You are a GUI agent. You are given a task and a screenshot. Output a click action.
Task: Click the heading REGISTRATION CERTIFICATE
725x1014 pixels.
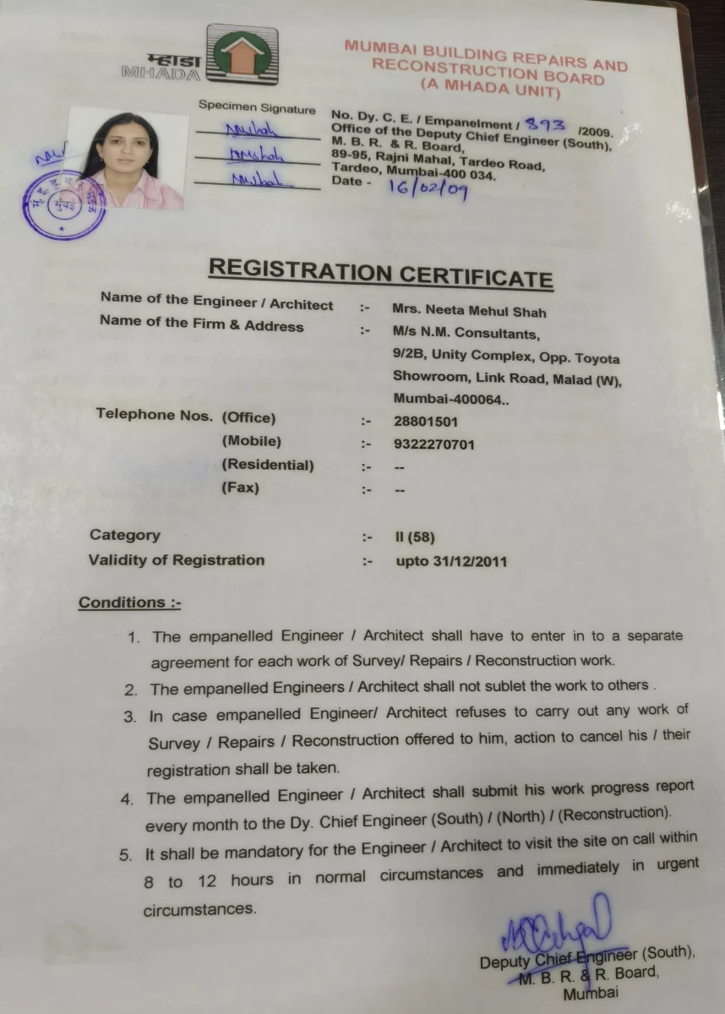click(380, 271)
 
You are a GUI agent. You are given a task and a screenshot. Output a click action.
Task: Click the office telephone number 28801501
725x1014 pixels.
click(426, 421)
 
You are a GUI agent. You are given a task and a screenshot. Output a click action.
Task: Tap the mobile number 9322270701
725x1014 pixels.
click(434, 444)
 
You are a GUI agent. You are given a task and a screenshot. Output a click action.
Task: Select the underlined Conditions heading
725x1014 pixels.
click(129, 602)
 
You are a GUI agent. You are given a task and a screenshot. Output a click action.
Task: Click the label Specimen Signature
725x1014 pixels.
click(257, 108)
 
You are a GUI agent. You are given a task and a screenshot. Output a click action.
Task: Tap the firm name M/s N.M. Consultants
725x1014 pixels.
click(466, 333)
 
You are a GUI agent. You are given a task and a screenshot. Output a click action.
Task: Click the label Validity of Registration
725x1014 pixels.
click(176, 559)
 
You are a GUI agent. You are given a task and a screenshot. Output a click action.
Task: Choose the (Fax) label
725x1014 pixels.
click(240, 488)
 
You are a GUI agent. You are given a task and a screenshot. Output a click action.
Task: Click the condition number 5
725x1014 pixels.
click(126, 854)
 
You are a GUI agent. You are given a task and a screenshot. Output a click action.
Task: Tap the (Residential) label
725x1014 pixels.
click(267, 465)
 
